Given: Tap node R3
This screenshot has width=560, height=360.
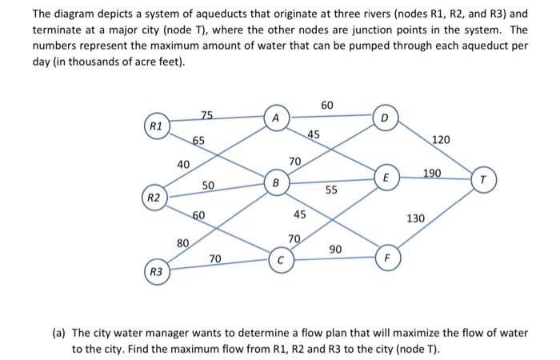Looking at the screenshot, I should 157,272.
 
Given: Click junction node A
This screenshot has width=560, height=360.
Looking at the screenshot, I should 275,117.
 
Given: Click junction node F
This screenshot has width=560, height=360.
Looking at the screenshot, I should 386,258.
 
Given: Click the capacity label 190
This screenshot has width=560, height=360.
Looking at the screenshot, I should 433,172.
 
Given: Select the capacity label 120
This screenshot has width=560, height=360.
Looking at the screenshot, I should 441,140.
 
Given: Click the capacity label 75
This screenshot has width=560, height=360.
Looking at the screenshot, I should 207,116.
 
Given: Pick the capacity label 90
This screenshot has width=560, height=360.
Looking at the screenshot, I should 335,250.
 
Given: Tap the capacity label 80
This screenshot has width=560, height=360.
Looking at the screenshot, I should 182,242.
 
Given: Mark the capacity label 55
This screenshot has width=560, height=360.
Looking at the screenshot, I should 331,190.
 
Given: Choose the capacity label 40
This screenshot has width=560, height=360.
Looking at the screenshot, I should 183,164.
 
